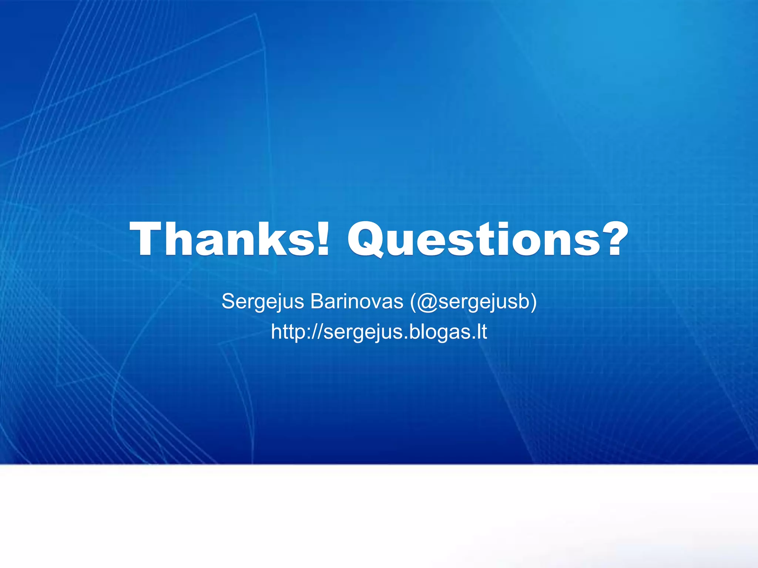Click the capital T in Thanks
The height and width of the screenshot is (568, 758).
(x=148, y=239)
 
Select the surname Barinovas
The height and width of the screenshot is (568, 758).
(x=357, y=301)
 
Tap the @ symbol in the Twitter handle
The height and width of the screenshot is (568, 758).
(x=426, y=302)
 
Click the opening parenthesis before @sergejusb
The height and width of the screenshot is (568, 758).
(x=413, y=302)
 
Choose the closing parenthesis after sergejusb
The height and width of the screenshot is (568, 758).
(x=533, y=302)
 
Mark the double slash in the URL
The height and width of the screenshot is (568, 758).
(x=318, y=332)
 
